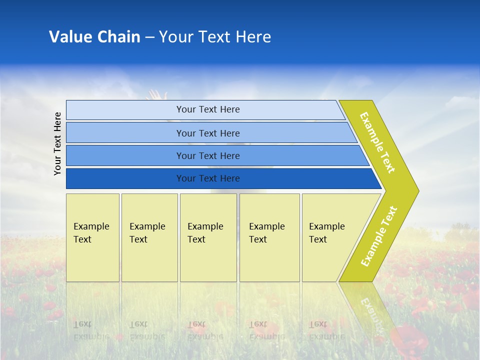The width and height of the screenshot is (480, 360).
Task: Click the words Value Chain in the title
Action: pos(94,37)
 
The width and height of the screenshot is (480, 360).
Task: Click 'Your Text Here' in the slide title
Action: pos(215,37)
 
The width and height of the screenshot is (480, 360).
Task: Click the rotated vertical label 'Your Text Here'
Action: pos(57,143)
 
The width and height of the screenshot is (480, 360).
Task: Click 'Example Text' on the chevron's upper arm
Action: pos(377,142)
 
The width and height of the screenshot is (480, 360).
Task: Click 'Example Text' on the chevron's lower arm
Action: pos(379,236)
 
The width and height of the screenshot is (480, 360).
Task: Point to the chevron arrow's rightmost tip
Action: pos(418,191)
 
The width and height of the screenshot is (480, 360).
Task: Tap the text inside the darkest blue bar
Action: pos(208,178)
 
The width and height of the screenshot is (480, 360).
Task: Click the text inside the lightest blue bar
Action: pos(208,109)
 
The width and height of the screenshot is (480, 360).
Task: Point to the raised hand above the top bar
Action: pos(158,94)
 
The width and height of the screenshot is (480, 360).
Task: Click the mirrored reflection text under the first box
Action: pos(91,330)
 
